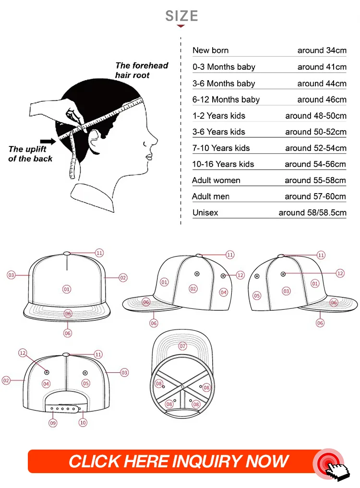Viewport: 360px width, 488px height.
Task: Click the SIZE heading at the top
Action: coord(181,16)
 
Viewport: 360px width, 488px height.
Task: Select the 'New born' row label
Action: coord(210,50)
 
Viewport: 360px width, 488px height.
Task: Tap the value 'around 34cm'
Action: coord(322,50)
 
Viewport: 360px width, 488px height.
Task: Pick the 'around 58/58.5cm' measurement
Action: coord(312,213)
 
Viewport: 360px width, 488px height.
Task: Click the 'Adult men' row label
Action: coord(211,196)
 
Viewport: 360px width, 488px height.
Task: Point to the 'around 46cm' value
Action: coord(322,99)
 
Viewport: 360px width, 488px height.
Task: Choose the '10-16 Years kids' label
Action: coord(224,164)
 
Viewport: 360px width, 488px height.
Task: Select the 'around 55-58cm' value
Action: coord(315,181)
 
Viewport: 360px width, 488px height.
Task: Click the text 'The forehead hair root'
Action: coord(142,70)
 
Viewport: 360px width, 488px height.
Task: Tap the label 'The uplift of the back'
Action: coord(30,154)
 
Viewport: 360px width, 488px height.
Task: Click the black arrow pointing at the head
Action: coord(48,142)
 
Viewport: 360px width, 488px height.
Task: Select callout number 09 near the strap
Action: coord(53,423)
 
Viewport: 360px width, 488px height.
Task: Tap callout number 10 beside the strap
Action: coord(83,423)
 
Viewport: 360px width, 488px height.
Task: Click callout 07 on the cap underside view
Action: coord(182,346)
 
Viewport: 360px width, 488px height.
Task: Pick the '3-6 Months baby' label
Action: coord(224,84)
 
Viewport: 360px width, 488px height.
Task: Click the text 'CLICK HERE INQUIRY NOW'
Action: coord(179,462)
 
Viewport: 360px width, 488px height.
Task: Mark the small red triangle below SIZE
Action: coord(181,26)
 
